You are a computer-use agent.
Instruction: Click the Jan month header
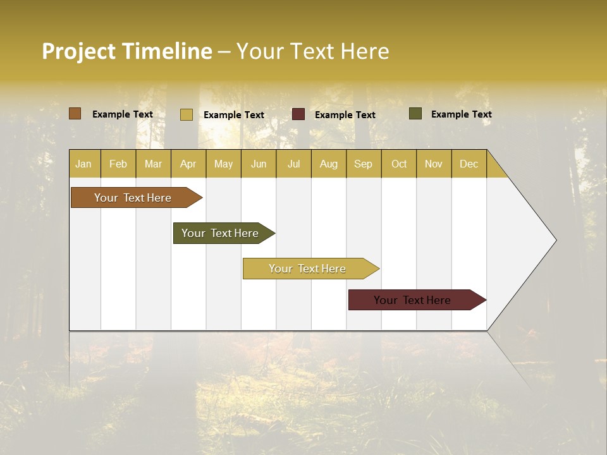(83, 164)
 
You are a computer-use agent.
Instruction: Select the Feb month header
(118, 164)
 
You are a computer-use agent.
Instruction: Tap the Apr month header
(188, 164)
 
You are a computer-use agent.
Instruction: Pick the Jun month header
(259, 164)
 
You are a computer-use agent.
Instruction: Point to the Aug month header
(328, 164)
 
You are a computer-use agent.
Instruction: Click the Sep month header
(363, 164)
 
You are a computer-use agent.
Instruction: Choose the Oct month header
(399, 164)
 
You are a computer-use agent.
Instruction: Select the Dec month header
(469, 164)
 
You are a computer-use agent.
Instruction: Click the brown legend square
(75, 114)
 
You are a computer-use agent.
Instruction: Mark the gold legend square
(187, 114)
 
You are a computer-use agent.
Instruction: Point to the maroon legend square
(298, 114)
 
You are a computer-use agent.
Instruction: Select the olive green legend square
(415, 114)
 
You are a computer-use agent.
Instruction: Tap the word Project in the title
(78, 51)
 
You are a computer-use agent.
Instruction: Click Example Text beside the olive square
(461, 114)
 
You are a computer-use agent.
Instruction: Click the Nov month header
(434, 164)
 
